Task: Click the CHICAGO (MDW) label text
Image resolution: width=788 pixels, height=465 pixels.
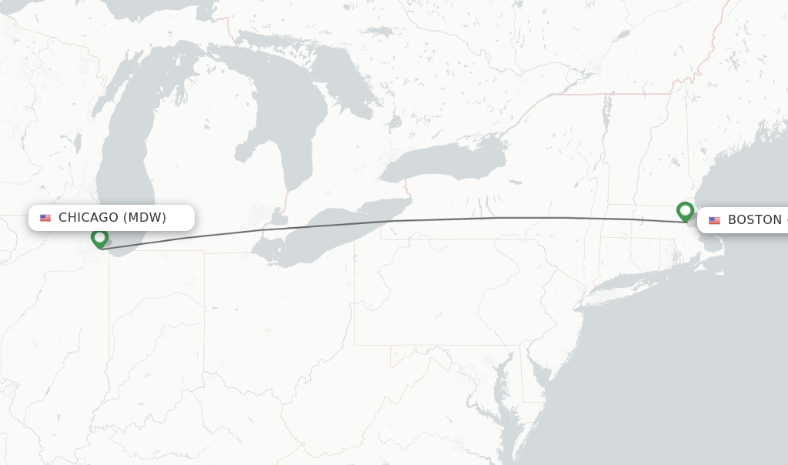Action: click(x=112, y=218)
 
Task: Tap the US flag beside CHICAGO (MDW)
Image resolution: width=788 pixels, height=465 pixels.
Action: click(x=45, y=218)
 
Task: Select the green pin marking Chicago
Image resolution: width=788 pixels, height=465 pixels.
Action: click(x=99, y=238)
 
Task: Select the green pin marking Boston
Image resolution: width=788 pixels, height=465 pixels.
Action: click(x=685, y=210)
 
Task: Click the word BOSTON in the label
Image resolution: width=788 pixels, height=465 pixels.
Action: click(x=755, y=220)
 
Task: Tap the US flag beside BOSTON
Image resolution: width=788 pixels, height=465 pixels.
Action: click(x=715, y=220)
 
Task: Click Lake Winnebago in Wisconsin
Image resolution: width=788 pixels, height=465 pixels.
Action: click(x=78, y=143)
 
